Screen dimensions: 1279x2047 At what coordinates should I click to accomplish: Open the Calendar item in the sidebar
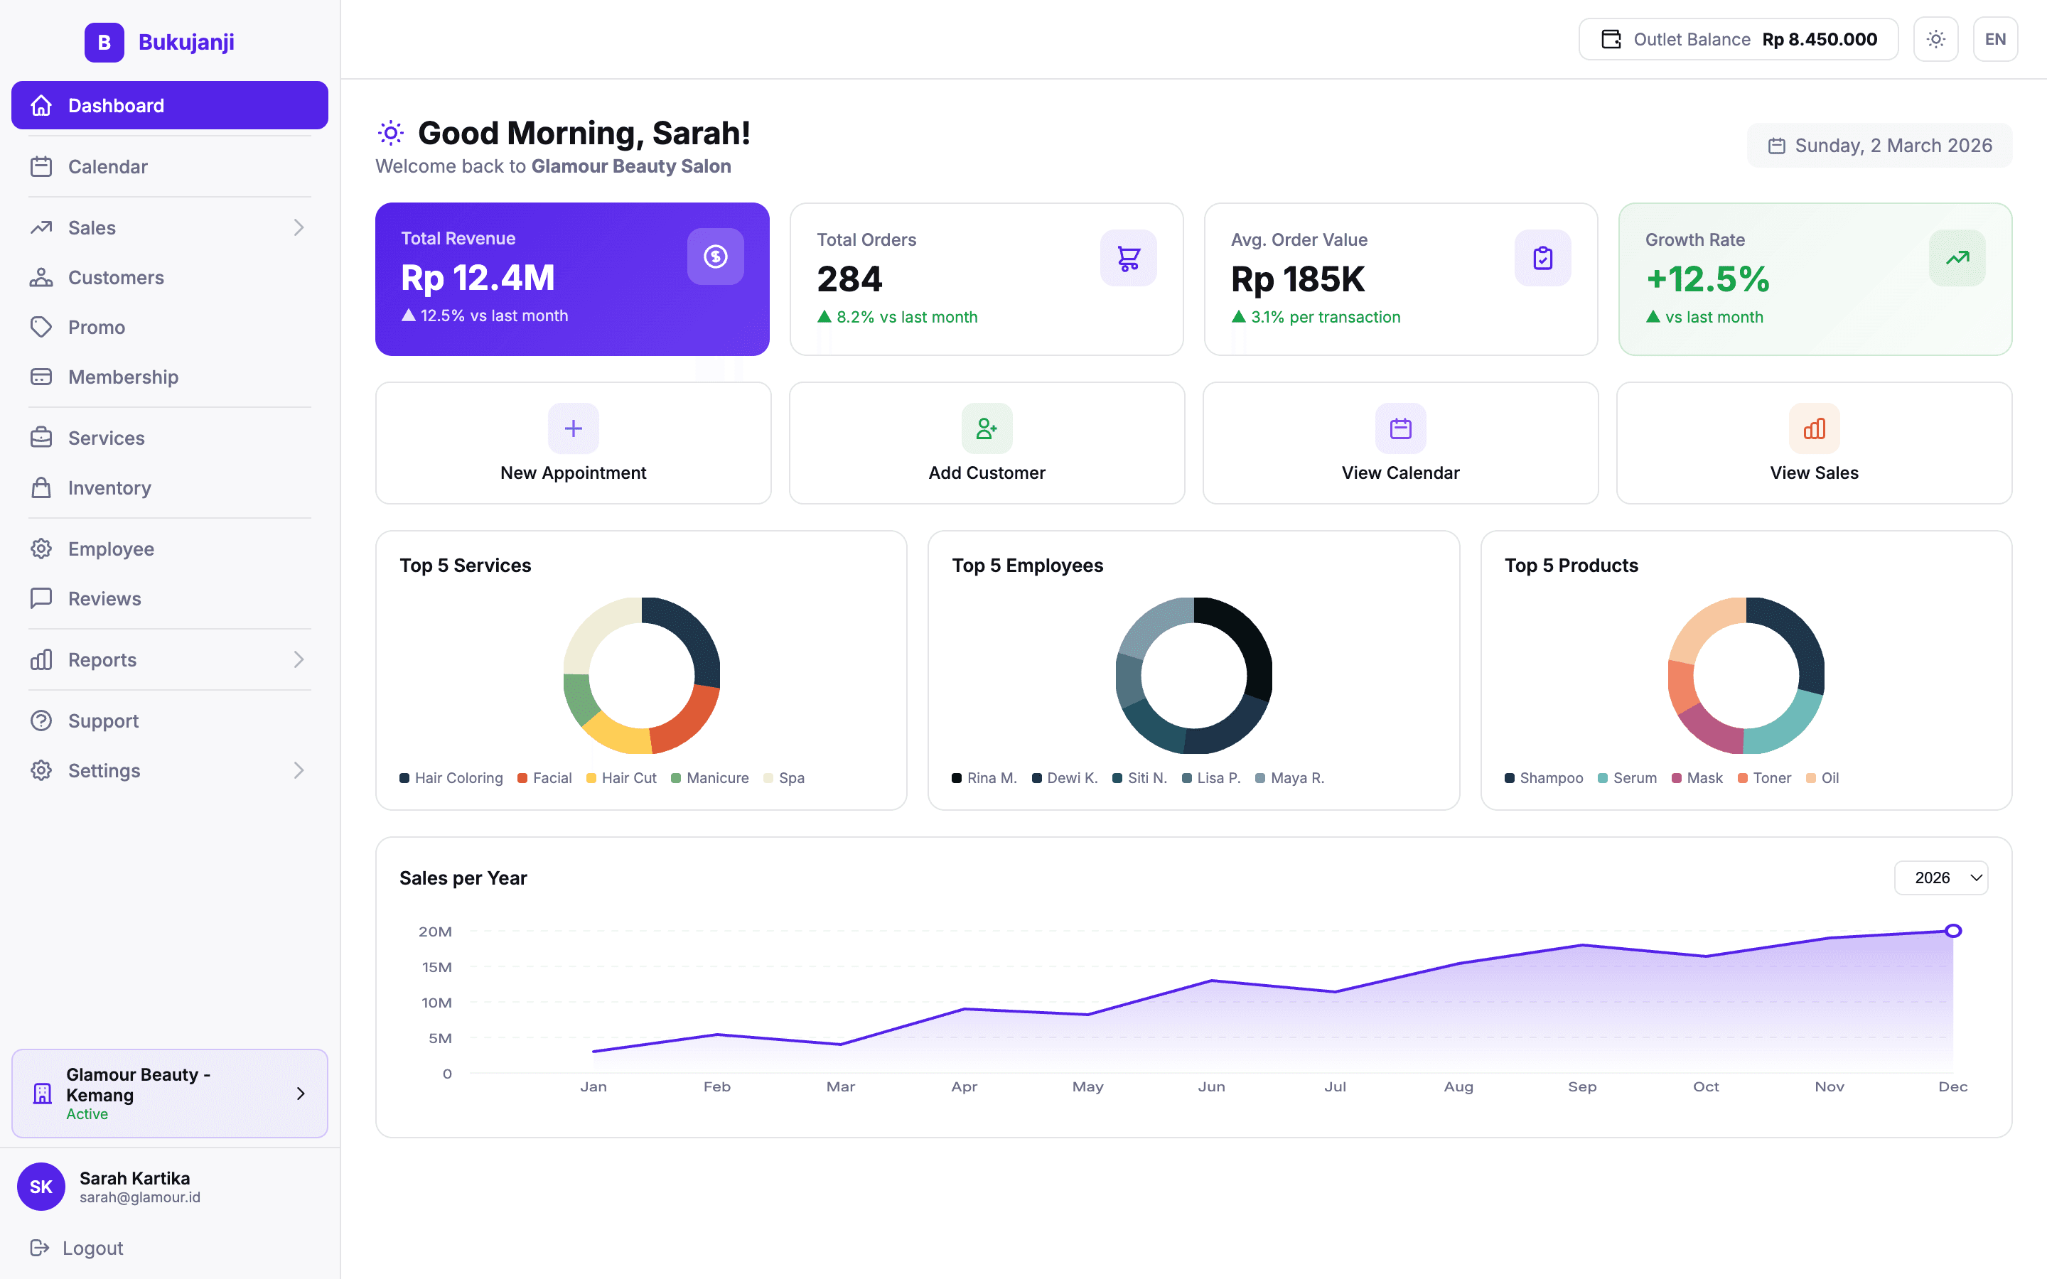107,167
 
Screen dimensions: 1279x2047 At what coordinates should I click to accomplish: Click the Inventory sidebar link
109,488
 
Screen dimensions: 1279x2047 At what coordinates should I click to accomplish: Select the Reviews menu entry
104,599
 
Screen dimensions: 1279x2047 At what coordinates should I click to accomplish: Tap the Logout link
92,1248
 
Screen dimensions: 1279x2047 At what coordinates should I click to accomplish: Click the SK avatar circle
41,1186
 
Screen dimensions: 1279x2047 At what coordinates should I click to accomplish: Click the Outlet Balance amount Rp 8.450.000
1819,40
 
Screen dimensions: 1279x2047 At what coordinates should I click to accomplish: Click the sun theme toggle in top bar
1935,40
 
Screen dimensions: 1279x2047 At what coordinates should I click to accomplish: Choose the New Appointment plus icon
573,429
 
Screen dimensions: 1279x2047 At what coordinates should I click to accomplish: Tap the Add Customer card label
987,473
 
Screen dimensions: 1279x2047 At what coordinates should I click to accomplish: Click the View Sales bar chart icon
1814,429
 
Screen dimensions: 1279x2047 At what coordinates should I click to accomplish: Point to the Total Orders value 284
849,279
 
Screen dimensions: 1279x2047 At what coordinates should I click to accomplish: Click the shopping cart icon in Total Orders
1127,258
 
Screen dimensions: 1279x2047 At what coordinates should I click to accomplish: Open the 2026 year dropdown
1940,878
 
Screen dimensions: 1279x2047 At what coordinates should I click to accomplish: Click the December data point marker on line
1952,931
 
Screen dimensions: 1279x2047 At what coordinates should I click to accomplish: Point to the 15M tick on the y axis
436,967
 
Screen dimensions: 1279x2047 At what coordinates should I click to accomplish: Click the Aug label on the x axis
1458,1087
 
